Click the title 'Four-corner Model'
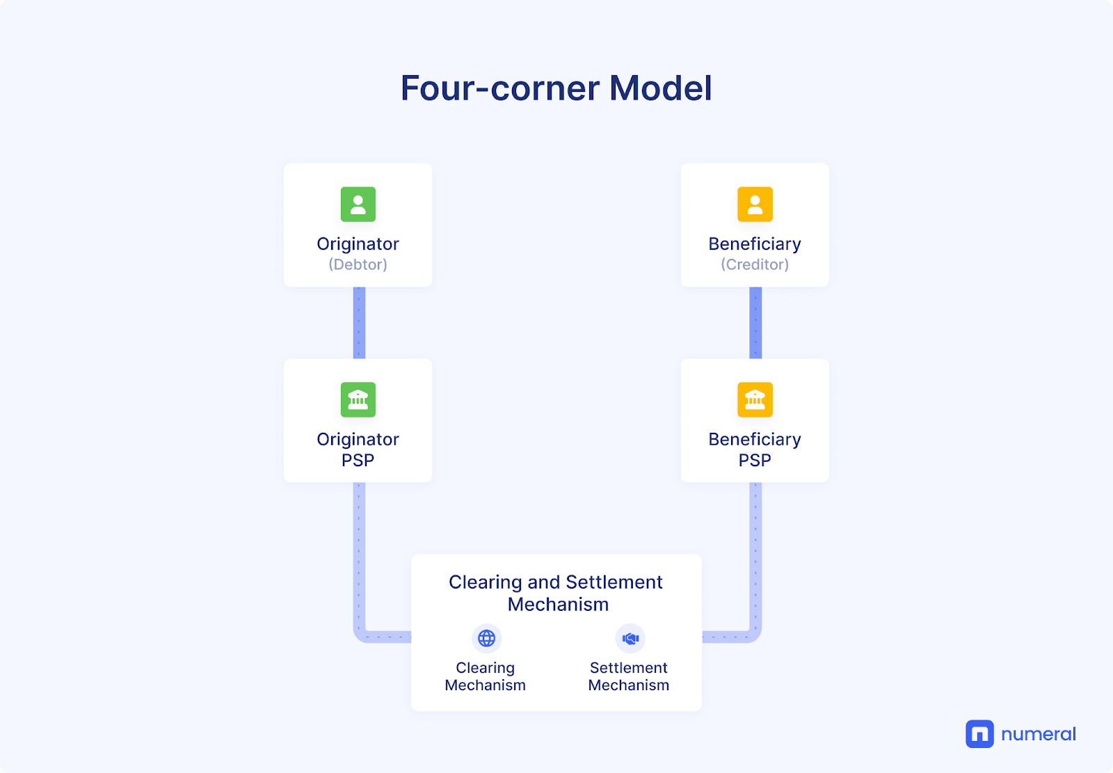click(x=556, y=88)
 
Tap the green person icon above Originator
click(x=358, y=205)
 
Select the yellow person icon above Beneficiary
click(x=755, y=205)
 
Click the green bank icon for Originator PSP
click(x=358, y=399)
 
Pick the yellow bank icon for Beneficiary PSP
click(x=755, y=399)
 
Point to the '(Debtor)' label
click(x=358, y=264)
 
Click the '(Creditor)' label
click(x=755, y=264)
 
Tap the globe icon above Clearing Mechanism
click(x=486, y=638)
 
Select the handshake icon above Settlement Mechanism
click(x=630, y=638)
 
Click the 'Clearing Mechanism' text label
click(x=485, y=676)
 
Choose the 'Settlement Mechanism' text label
click(x=629, y=676)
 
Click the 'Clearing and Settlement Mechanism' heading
click(x=556, y=593)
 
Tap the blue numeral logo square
click(x=979, y=734)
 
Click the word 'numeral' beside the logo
click(x=1039, y=734)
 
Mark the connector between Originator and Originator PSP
click(x=359, y=323)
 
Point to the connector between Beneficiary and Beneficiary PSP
click(x=755, y=323)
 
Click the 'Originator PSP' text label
click(x=358, y=450)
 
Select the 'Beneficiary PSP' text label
click(x=755, y=450)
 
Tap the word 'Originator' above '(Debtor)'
click(x=358, y=244)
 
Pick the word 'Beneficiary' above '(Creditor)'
click(x=755, y=244)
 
